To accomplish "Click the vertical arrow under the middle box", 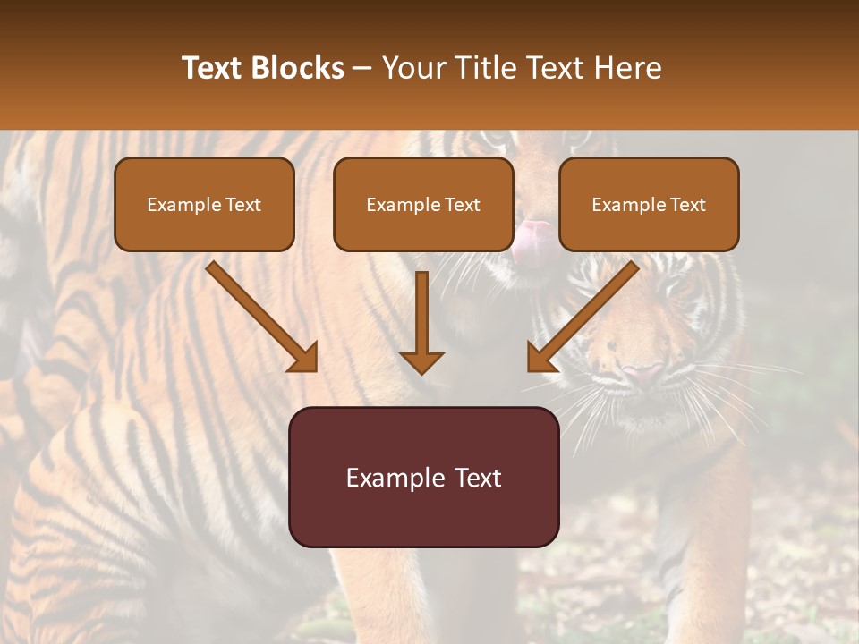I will (x=421, y=313).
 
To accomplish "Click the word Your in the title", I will (x=411, y=68).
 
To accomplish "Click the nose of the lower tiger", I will (x=642, y=373).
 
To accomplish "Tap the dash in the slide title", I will (x=362, y=68).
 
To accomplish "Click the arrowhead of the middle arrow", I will (x=421, y=362).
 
